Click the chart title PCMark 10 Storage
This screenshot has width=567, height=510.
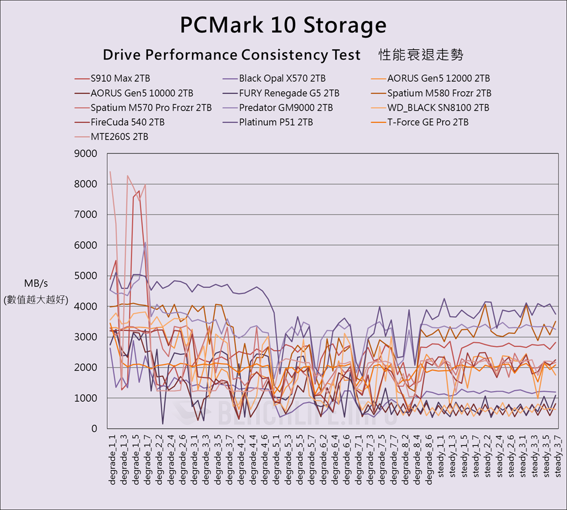click(x=283, y=25)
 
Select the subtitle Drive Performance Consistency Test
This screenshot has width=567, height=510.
click(x=231, y=55)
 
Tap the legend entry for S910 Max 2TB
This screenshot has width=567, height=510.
click(x=120, y=79)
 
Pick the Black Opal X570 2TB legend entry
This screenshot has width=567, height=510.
click(x=282, y=79)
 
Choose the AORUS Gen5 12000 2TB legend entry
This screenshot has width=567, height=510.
click(x=438, y=79)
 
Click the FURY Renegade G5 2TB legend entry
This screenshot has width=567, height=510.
click(x=289, y=93)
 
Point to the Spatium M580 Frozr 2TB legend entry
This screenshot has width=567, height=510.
click(x=439, y=93)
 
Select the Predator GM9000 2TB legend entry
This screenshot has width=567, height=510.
click(x=286, y=108)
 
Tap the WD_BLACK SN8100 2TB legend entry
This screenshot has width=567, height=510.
click(x=438, y=108)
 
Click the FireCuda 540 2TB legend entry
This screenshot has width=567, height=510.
click(x=127, y=122)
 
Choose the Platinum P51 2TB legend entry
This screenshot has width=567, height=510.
click(x=276, y=122)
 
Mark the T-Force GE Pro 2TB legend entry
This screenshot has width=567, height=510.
click(x=428, y=122)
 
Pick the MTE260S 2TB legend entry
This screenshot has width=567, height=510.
click(x=119, y=137)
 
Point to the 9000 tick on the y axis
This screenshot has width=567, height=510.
click(x=86, y=154)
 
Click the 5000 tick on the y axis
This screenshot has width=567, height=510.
click(x=86, y=276)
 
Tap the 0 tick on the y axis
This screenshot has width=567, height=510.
click(x=94, y=429)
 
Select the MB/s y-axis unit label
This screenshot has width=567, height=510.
click(x=35, y=284)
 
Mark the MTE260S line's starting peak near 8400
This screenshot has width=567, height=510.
click(x=110, y=172)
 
